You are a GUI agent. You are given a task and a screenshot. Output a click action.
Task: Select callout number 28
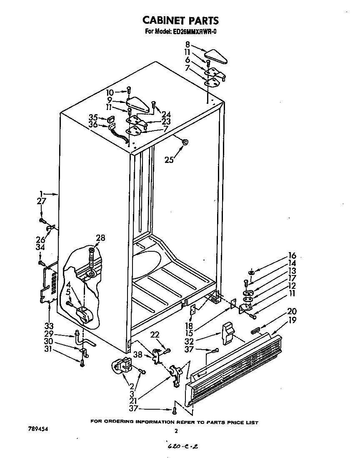100,238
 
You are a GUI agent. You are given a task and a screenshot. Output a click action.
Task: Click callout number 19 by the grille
292,320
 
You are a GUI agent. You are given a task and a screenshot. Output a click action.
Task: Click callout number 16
292,255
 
